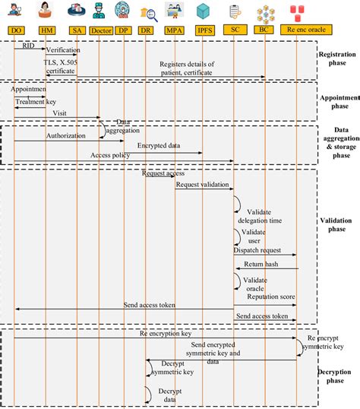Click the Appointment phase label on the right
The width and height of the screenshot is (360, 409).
[339, 101]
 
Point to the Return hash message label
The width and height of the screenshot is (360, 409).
[261, 265]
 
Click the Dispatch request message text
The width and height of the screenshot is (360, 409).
[257, 249]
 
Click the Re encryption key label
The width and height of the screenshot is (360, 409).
[164, 334]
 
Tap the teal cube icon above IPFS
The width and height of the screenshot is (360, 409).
[203, 11]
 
